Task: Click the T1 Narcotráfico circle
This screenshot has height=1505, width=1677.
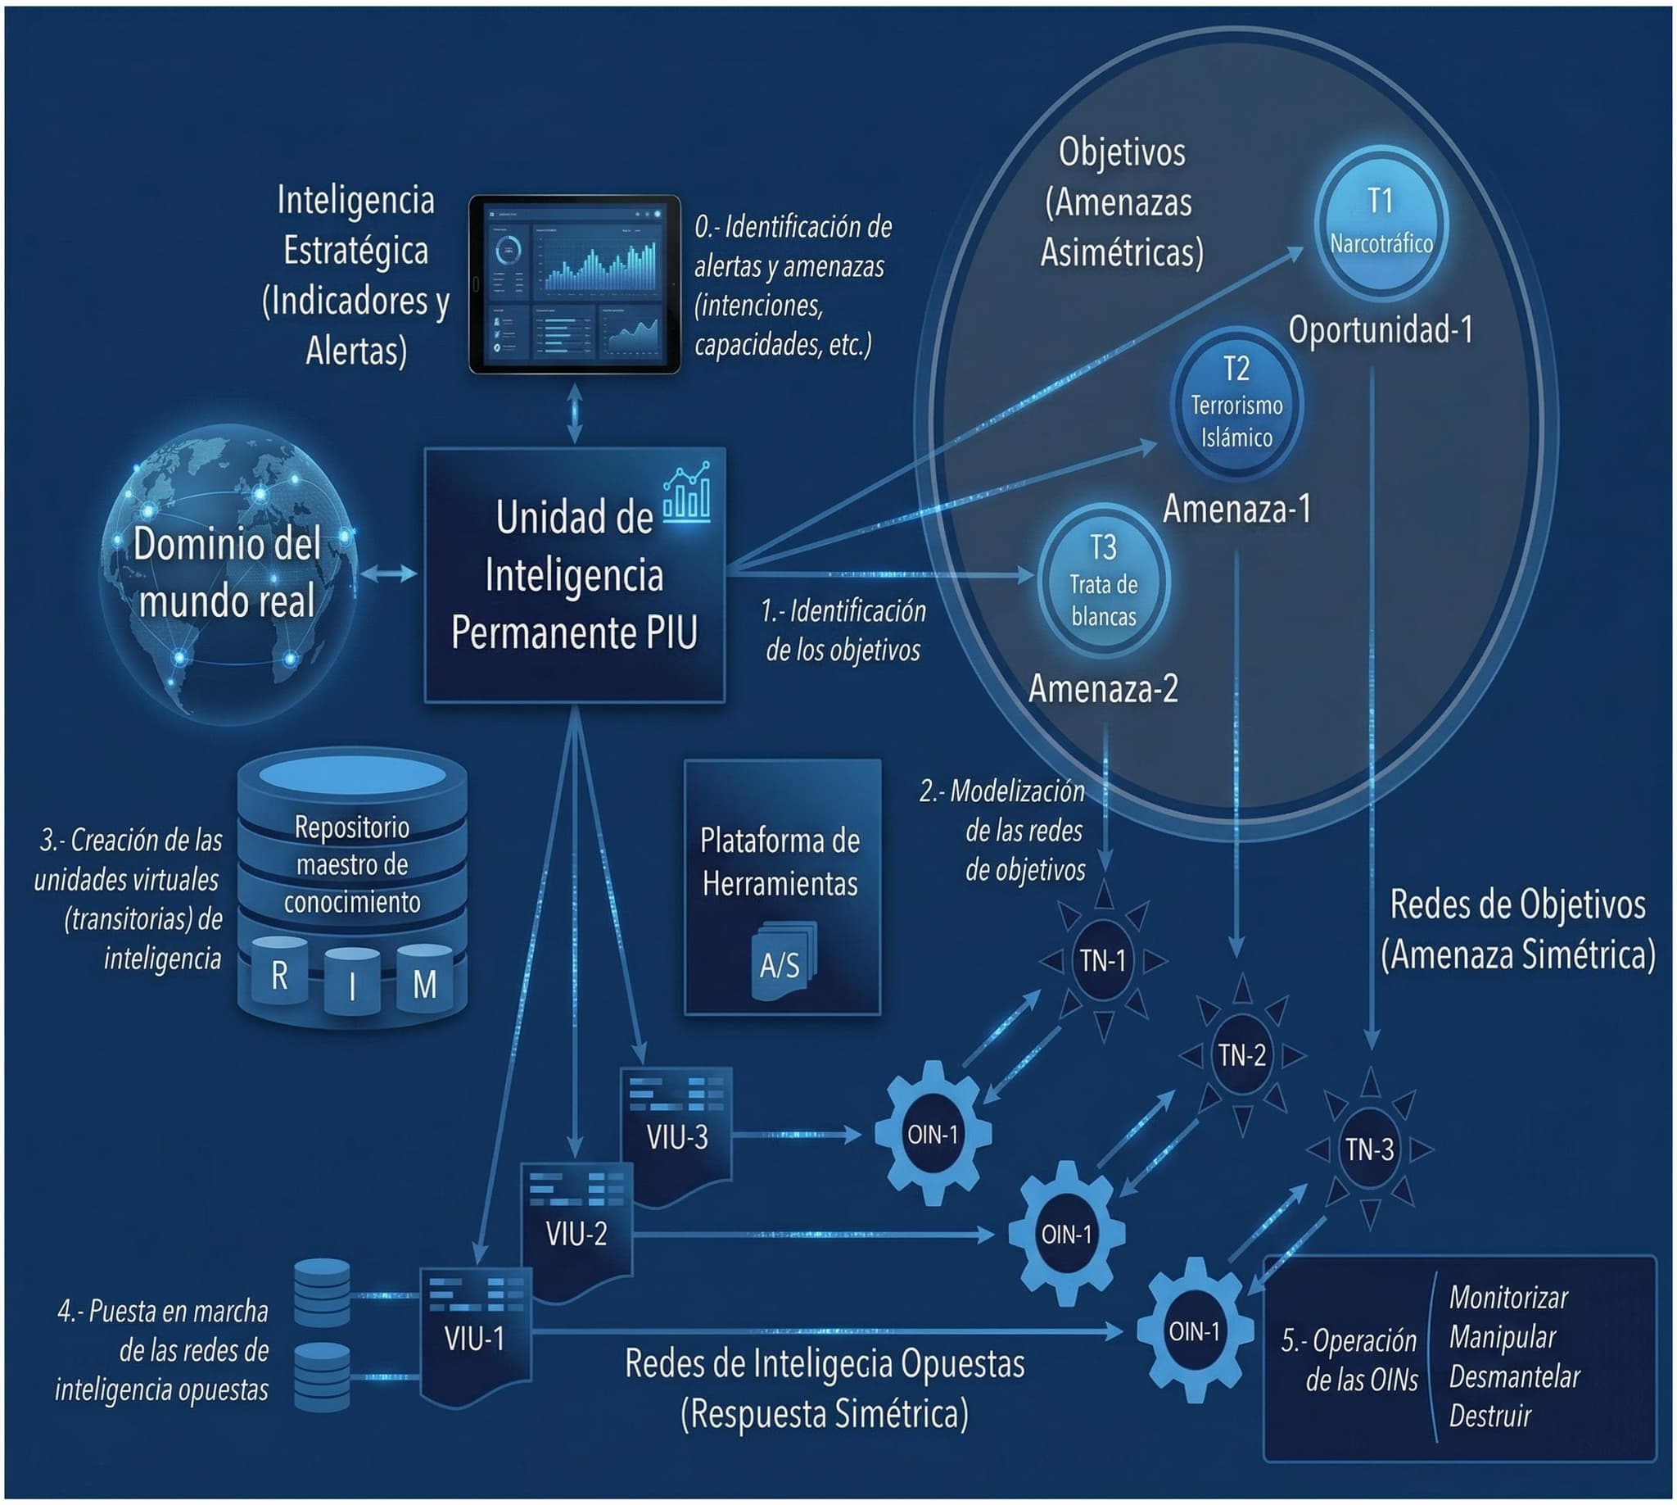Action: pyautogui.click(x=1381, y=224)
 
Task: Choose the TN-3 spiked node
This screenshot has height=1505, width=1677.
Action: pyautogui.click(x=1370, y=1149)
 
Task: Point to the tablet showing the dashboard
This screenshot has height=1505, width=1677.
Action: pyautogui.click(x=575, y=283)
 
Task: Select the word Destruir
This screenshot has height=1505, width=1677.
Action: pyautogui.click(x=1489, y=1416)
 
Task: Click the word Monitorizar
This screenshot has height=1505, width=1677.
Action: pyautogui.click(x=1507, y=1297)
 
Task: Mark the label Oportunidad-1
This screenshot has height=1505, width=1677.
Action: pyautogui.click(x=1381, y=330)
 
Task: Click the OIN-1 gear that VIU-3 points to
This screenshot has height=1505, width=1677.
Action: pyautogui.click(x=933, y=1135)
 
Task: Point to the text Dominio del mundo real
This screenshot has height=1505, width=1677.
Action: pyautogui.click(x=228, y=572)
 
